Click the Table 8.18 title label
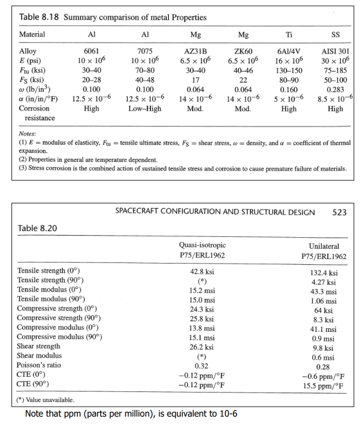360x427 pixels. pyautogui.click(x=112, y=17)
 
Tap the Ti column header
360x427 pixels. pyautogui.click(x=289, y=34)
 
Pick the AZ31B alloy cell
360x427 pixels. pyautogui.click(x=195, y=51)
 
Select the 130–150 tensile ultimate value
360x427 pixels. pyautogui.click(x=289, y=71)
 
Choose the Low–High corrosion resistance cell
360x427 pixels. pyautogui.click(x=145, y=108)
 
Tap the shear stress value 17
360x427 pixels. pyautogui.click(x=195, y=80)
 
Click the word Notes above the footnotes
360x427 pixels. pyautogui.click(x=28, y=133)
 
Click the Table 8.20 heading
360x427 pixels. pyautogui.click(x=38, y=227)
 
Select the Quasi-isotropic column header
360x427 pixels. pyautogui.click(x=202, y=245)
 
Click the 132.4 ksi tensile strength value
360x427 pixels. pyautogui.click(x=323, y=272)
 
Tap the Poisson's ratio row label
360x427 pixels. pyautogui.click(x=39, y=365)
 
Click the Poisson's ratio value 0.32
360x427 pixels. pyautogui.click(x=202, y=365)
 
